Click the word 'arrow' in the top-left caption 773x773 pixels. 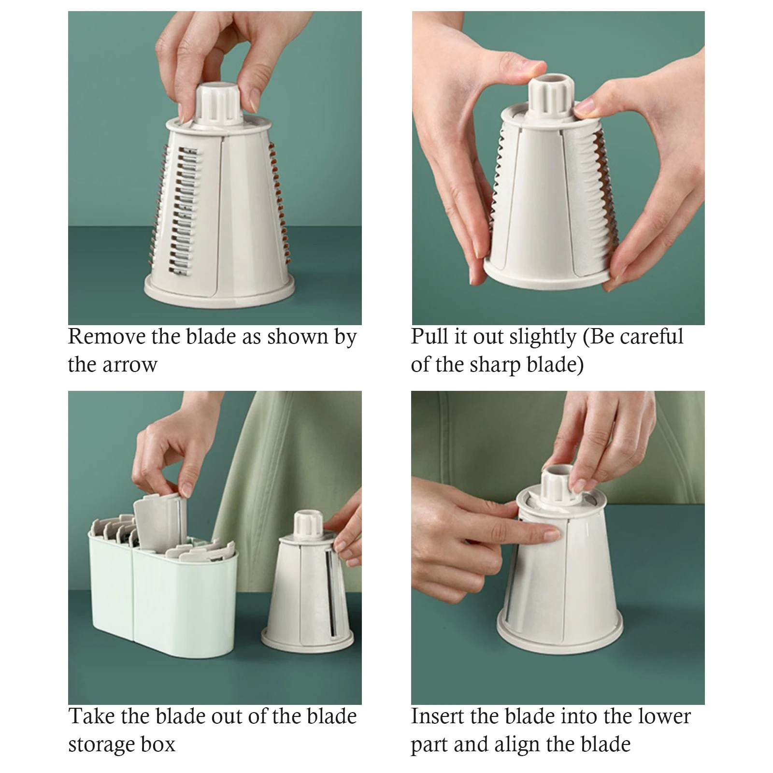click(x=133, y=365)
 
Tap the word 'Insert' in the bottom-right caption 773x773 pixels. click(x=437, y=716)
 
